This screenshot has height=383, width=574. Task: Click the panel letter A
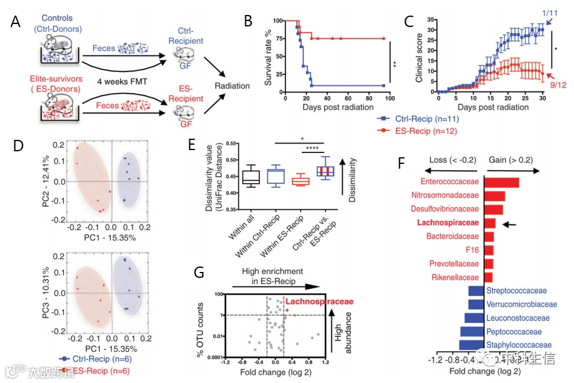point(16,22)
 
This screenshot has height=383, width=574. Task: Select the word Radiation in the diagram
point(233,85)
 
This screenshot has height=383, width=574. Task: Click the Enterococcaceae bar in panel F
point(502,182)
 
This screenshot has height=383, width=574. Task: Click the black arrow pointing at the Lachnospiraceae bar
point(509,224)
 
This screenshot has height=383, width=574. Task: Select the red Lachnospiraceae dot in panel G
point(287,310)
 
